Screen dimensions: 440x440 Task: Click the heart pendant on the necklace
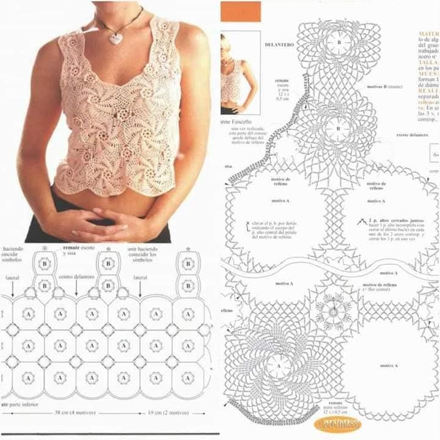[x=115, y=38]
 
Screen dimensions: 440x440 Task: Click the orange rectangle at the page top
[x=240, y=11]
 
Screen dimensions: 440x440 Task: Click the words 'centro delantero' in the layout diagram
[x=76, y=277]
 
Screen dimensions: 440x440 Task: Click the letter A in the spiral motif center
[x=279, y=366]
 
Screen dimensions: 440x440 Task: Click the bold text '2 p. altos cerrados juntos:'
[x=388, y=219]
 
